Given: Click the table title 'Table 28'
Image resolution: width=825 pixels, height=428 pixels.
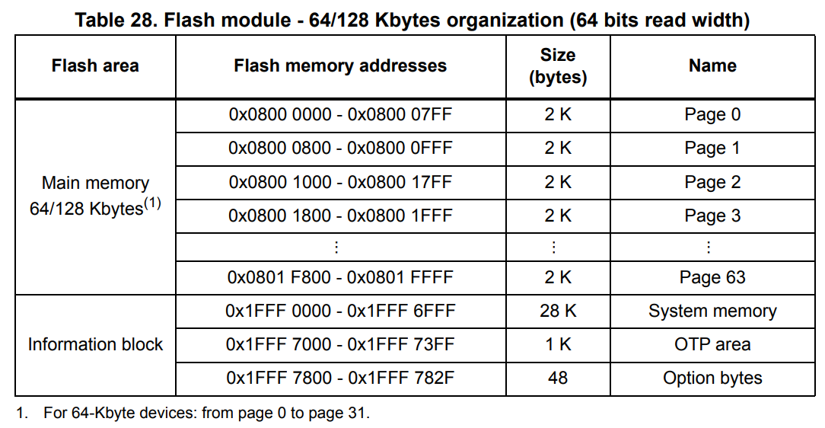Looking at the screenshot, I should coord(412,21).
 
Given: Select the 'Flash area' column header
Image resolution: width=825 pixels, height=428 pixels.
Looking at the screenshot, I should coord(95,66).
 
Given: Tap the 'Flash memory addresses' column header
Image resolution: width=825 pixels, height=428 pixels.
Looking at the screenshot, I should coord(340,66).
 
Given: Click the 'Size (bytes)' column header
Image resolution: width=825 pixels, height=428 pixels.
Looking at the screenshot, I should coord(558,66).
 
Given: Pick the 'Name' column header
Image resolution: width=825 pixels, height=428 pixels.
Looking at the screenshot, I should coord(712,66).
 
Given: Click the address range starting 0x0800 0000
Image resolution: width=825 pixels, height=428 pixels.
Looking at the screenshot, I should coord(340,115).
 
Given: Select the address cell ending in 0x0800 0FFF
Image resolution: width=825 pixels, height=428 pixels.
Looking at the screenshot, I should coord(340,148).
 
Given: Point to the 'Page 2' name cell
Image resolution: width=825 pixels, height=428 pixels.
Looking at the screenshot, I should coord(712,182).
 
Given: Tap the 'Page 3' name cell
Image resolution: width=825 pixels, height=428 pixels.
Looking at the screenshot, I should coord(712,216).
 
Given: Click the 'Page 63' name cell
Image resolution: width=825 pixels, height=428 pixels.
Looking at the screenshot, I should coord(712,278).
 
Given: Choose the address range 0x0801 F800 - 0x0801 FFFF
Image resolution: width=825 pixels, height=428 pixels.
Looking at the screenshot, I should coord(340,278).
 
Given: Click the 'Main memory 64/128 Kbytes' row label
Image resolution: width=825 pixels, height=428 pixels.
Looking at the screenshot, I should coord(95,196).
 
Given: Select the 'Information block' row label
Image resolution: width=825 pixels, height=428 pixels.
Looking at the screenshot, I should coord(95,344).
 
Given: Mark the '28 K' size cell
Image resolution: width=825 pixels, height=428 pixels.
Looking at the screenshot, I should coord(558,311).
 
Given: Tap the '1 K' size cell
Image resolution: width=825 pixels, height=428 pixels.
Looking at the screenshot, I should coord(558,344).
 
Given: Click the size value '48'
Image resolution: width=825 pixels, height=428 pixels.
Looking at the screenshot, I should coord(558,378).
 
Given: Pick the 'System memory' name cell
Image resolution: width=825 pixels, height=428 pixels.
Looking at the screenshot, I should coord(712,311).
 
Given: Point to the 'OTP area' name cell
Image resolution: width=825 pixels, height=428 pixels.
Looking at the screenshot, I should coord(712,344).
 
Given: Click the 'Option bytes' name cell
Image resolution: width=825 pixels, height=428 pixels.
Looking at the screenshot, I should coord(712,378).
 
